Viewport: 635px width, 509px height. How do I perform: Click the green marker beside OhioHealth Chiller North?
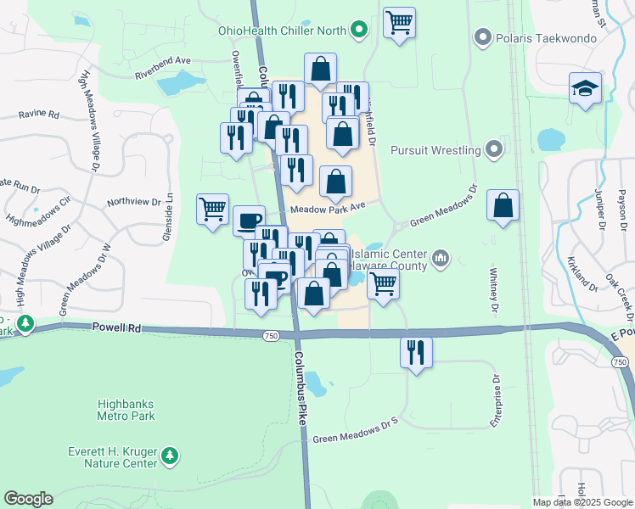(359, 31)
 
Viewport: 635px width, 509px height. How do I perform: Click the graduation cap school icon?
(586, 89)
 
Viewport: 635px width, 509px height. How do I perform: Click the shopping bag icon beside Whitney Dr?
(503, 205)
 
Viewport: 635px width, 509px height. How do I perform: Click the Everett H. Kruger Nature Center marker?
(171, 456)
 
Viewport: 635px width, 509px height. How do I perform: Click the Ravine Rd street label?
(41, 114)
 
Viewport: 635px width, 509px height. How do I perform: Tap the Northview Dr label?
(133, 202)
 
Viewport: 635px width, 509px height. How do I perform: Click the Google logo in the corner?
(28, 499)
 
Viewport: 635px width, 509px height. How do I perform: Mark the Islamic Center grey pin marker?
(441, 257)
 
